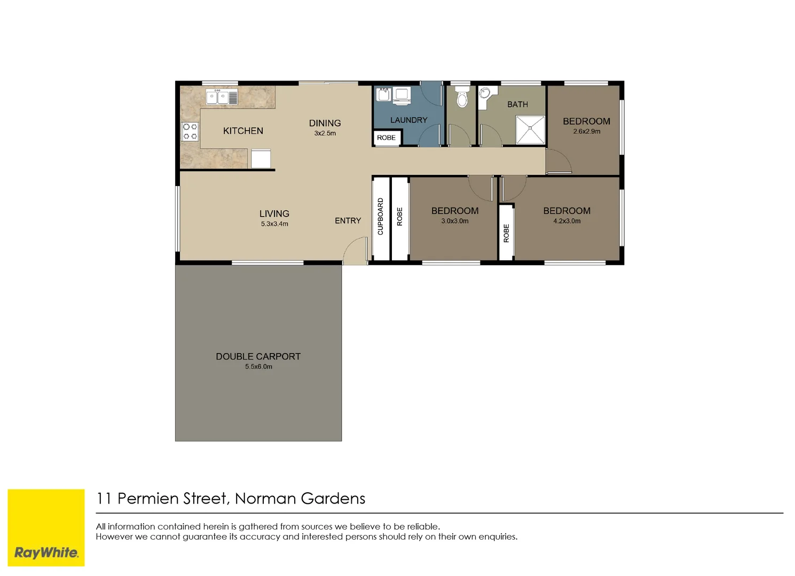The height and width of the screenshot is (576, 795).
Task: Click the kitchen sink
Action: pyautogui.click(x=222, y=98)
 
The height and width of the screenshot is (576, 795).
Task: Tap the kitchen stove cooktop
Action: pyautogui.click(x=190, y=132)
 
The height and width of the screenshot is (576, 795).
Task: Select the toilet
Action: pyautogui.click(x=462, y=98)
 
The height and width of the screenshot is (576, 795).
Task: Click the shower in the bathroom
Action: pyautogui.click(x=530, y=130)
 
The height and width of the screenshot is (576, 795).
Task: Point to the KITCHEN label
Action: pyautogui.click(x=243, y=131)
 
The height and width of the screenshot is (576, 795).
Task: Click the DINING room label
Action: pyautogui.click(x=325, y=123)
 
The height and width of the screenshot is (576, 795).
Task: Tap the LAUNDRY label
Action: pyautogui.click(x=408, y=121)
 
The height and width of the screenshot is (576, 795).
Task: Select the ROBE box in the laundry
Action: pyautogui.click(x=387, y=138)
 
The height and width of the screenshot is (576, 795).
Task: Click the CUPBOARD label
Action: pyautogui.click(x=381, y=217)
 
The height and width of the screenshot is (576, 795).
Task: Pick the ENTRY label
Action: pyautogui.click(x=348, y=221)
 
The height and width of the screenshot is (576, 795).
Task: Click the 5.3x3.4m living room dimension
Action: pyautogui.click(x=274, y=224)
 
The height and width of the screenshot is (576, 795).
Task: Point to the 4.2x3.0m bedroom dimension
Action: pyautogui.click(x=566, y=221)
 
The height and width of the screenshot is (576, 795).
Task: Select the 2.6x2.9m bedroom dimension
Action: pyautogui.click(x=586, y=132)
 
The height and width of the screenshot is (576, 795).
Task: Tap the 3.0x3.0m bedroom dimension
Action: pyautogui.click(x=454, y=221)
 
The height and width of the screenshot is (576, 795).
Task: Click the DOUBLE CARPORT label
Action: pyautogui.click(x=258, y=356)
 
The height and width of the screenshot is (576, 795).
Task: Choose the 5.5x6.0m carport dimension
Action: pyautogui.click(x=258, y=367)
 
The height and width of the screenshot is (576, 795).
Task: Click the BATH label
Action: pyautogui.click(x=517, y=105)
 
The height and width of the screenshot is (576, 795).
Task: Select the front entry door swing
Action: pyautogui.click(x=354, y=251)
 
